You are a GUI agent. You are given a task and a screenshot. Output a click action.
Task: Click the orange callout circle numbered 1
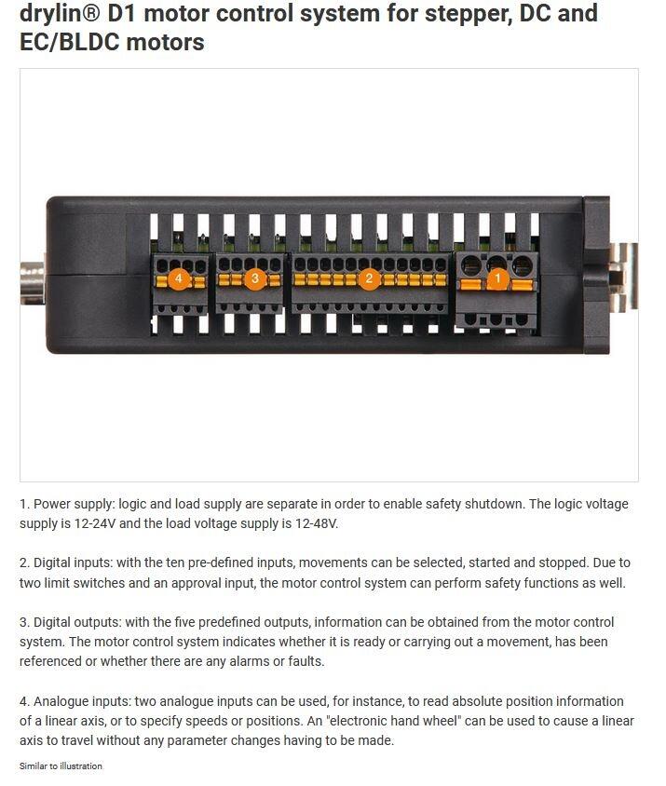[497, 278]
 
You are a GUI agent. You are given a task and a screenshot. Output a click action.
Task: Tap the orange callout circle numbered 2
[369, 278]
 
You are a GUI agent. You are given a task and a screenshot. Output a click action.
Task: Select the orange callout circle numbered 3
[255, 278]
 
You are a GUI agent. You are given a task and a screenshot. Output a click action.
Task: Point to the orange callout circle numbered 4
[179, 278]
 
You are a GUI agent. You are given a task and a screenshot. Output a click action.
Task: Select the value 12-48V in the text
[317, 523]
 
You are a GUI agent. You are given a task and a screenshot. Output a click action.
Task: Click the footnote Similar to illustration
[61, 766]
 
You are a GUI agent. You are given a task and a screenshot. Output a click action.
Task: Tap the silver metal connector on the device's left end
[33, 282]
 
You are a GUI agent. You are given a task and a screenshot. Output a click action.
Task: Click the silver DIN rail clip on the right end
[623, 277]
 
